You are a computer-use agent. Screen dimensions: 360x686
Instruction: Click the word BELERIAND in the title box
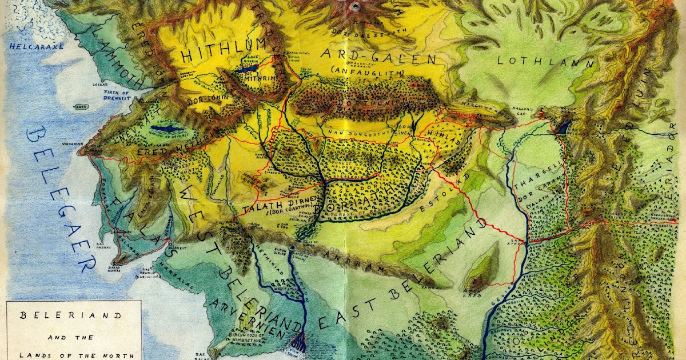[72, 315]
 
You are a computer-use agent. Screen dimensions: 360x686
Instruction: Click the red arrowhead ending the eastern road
[674, 221]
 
